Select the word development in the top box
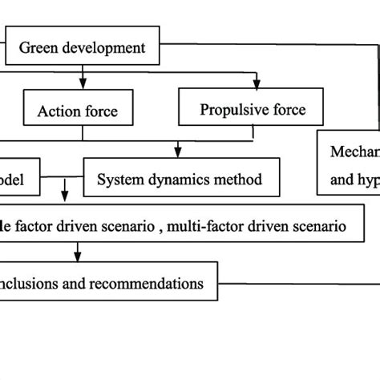point(102,47)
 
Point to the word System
point(121,180)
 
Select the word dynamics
point(181,180)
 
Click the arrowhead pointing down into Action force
point(83,85)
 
